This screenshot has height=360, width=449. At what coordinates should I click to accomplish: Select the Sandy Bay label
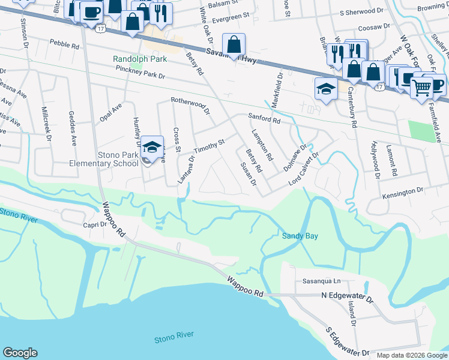coord(300,236)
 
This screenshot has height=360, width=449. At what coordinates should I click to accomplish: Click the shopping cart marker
coord(422,87)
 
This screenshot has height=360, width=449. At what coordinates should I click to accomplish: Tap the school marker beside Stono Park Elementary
coord(152,147)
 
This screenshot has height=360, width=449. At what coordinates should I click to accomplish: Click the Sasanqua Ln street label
coord(321,281)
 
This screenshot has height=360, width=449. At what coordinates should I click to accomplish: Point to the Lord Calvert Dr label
coord(304,170)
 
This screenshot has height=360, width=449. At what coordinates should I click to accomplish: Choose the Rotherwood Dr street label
coord(190,107)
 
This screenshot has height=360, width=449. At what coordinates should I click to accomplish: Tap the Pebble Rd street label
coord(64,45)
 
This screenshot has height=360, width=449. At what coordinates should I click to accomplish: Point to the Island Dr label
coord(352,314)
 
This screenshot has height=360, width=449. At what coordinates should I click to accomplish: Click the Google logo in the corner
coord(20,353)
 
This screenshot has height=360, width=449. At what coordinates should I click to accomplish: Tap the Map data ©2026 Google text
coord(411,355)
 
